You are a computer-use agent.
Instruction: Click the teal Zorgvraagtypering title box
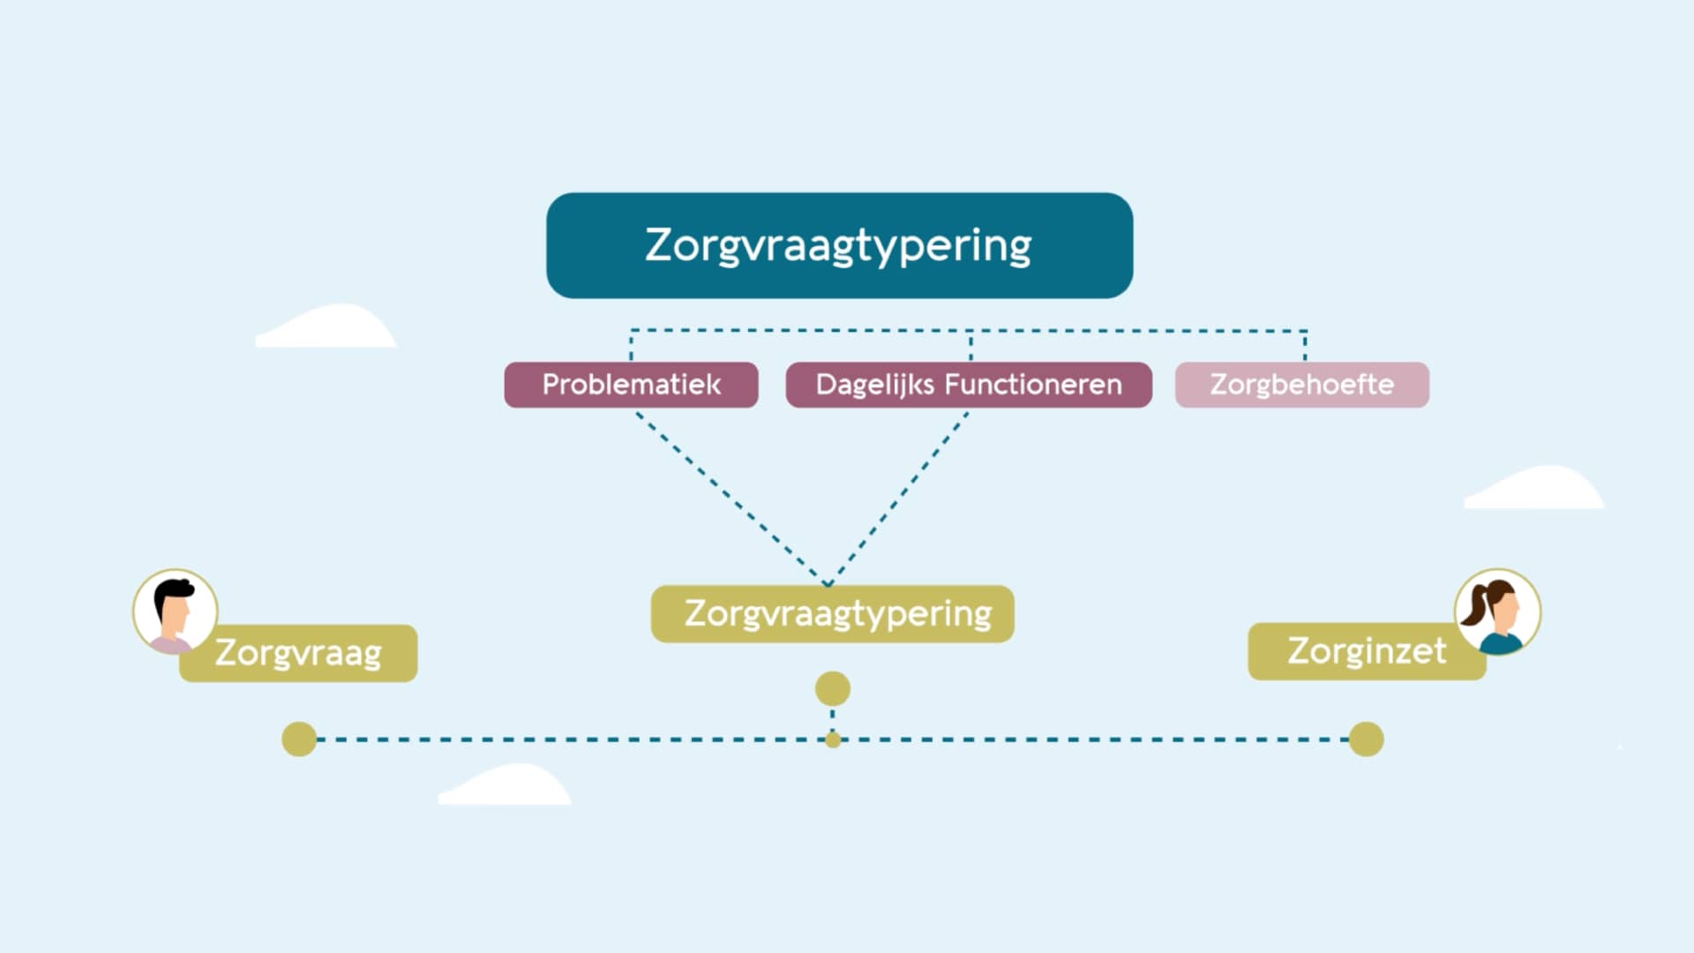(839, 245)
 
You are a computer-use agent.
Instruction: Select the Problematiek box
(631, 385)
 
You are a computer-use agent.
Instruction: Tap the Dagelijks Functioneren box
(968, 385)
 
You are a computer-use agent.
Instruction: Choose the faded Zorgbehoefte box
(1301, 385)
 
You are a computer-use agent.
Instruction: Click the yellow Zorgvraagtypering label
(832, 613)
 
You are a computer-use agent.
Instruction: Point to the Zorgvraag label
(298, 654)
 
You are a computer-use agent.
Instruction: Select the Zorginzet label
(1366, 651)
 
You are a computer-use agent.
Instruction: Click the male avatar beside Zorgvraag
(175, 612)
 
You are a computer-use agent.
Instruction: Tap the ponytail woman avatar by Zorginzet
(1497, 612)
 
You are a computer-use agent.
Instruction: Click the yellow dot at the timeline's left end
(299, 739)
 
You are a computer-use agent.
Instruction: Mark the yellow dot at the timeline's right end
(1366, 739)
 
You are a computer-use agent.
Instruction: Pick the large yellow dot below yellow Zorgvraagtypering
(832, 689)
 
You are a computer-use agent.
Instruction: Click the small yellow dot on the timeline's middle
(833, 740)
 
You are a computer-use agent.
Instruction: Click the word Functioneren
(1033, 385)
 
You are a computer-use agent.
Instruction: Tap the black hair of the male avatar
(174, 589)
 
